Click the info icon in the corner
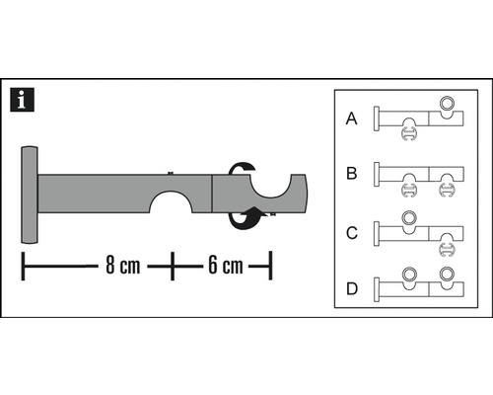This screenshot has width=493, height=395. click(x=19, y=99)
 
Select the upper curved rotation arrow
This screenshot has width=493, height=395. click(x=241, y=169)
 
